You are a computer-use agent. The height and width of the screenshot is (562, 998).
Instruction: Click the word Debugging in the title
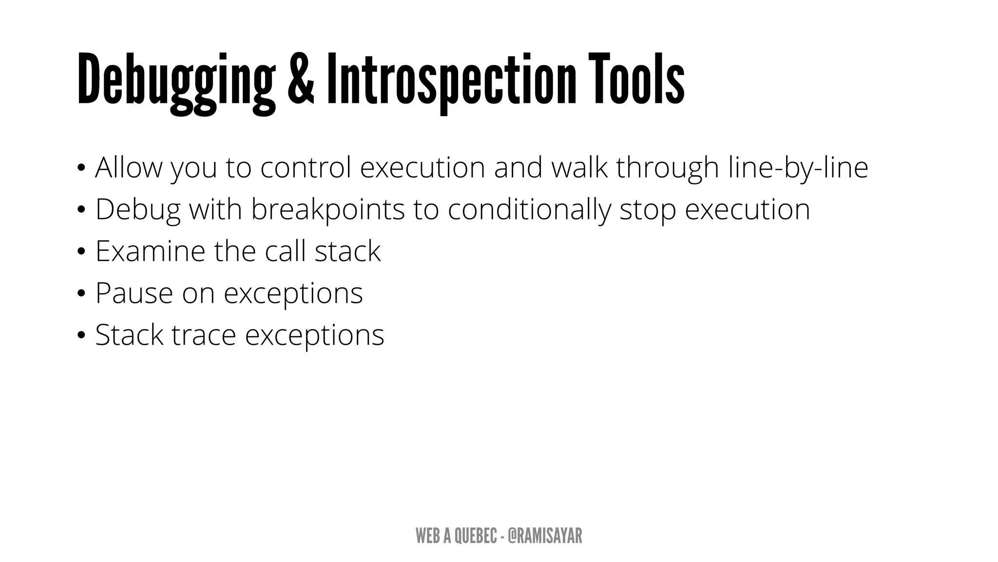click(x=176, y=80)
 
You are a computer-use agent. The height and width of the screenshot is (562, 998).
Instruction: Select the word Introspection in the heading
click(x=451, y=80)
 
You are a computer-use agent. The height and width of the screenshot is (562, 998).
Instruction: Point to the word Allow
click(x=128, y=167)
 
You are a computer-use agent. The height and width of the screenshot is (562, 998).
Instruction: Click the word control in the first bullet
click(x=306, y=167)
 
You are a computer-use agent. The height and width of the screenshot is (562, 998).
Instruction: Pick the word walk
click(x=579, y=167)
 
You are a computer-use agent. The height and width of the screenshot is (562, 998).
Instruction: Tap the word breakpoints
click(x=327, y=210)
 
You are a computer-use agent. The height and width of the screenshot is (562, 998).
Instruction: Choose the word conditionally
click(x=529, y=210)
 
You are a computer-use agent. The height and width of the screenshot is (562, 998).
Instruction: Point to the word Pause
click(x=134, y=293)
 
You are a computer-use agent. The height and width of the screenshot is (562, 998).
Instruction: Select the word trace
click(x=204, y=336)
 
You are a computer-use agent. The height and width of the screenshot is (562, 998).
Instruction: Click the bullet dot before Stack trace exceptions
click(x=81, y=336)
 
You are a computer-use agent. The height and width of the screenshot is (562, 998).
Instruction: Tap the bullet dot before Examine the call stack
click(x=81, y=252)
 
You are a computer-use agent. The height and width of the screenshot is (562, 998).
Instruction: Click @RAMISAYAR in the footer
click(x=544, y=536)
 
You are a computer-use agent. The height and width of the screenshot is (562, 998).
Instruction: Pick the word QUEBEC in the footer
click(x=476, y=536)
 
